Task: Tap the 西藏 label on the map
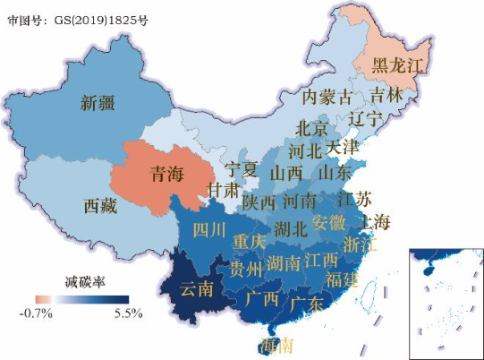(x=99, y=207)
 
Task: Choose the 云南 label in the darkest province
(x=198, y=288)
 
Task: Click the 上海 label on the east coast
(x=373, y=221)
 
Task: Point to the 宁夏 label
(x=241, y=168)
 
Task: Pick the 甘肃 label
(x=223, y=190)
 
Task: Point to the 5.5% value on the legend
(x=129, y=313)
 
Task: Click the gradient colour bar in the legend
(x=82, y=299)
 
